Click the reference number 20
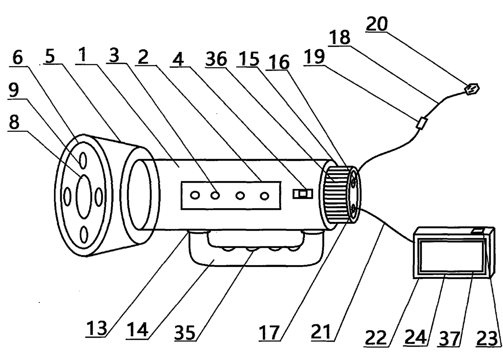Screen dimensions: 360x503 tap(377, 24)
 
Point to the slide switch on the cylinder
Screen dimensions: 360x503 tap(303, 194)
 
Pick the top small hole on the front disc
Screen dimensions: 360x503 tap(83, 160)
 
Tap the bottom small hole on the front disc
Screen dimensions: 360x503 tap(84, 235)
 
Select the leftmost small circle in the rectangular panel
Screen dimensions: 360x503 tap(195, 195)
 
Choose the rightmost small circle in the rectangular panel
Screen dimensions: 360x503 tap(264, 196)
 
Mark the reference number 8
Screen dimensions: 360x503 tap(14, 122)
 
